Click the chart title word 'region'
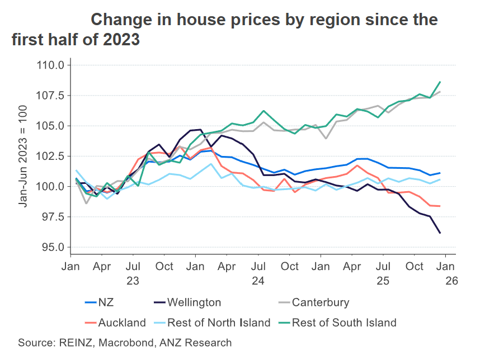297,20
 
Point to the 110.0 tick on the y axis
51,65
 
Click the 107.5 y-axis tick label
51,96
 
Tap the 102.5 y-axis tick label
51,156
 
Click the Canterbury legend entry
320,302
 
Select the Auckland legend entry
121,323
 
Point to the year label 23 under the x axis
133,281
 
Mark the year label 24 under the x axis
258,281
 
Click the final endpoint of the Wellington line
440,233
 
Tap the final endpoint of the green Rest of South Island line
440,82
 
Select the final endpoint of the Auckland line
440,206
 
